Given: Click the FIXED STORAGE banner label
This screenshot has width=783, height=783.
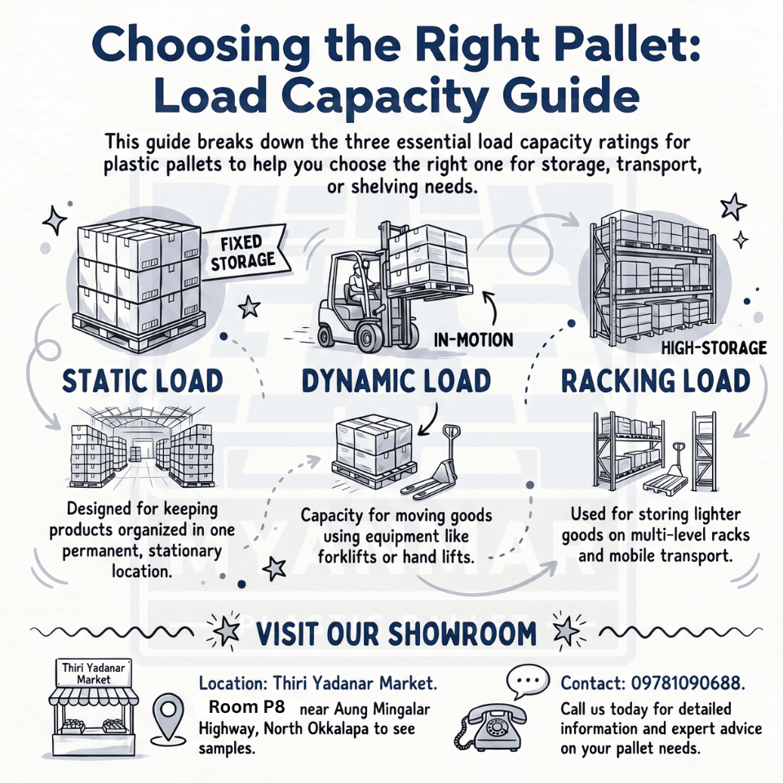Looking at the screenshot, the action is [x=243, y=252].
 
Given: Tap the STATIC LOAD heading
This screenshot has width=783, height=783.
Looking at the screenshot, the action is [x=142, y=381].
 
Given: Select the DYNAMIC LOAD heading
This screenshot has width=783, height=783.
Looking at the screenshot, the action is [x=396, y=381].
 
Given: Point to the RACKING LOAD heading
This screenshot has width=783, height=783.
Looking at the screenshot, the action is [x=656, y=381].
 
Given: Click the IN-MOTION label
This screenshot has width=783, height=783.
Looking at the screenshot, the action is [x=473, y=340].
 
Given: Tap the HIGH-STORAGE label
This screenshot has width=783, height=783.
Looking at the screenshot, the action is [x=714, y=347].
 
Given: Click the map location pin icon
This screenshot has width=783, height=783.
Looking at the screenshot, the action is [x=168, y=716].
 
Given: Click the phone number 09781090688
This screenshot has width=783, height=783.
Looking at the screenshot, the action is [x=688, y=683].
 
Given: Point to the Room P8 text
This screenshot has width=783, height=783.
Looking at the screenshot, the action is [x=246, y=707].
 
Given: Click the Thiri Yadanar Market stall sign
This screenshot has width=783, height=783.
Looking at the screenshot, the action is [x=93, y=673].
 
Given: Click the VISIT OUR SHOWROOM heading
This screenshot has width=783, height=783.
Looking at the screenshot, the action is [x=396, y=634].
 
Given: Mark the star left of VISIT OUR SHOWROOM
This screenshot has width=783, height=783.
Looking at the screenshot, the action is [x=226, y=631].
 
